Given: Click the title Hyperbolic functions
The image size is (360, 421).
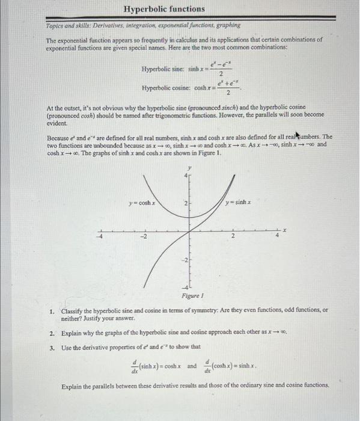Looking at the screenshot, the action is tap(164, 9).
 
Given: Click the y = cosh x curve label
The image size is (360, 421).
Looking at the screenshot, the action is tap(142, 203).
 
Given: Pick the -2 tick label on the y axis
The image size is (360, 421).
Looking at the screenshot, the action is tap(185, 260).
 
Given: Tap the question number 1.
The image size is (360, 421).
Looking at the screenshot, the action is tap(53, 310).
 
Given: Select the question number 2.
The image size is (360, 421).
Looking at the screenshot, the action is tap(53, 333).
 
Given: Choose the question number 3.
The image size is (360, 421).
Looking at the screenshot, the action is tap(53, 346).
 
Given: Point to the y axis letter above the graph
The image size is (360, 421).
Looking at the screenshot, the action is tap(189, 167).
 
